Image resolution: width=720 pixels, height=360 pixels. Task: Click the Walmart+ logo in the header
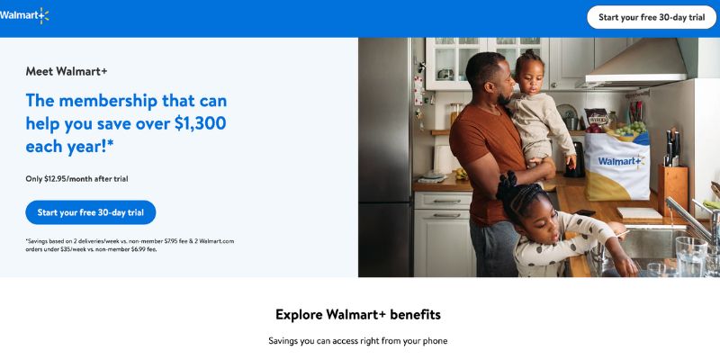pos(24,15)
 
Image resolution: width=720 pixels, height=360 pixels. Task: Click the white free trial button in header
pos(652,17)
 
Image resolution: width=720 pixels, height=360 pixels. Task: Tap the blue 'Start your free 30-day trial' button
pos(91,212)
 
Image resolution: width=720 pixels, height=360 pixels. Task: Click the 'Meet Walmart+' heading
pos(67,71)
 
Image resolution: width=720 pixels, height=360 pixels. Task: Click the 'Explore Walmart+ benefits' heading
pos(358,314)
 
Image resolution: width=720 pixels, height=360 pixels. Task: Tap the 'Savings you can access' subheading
pos(357,341)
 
